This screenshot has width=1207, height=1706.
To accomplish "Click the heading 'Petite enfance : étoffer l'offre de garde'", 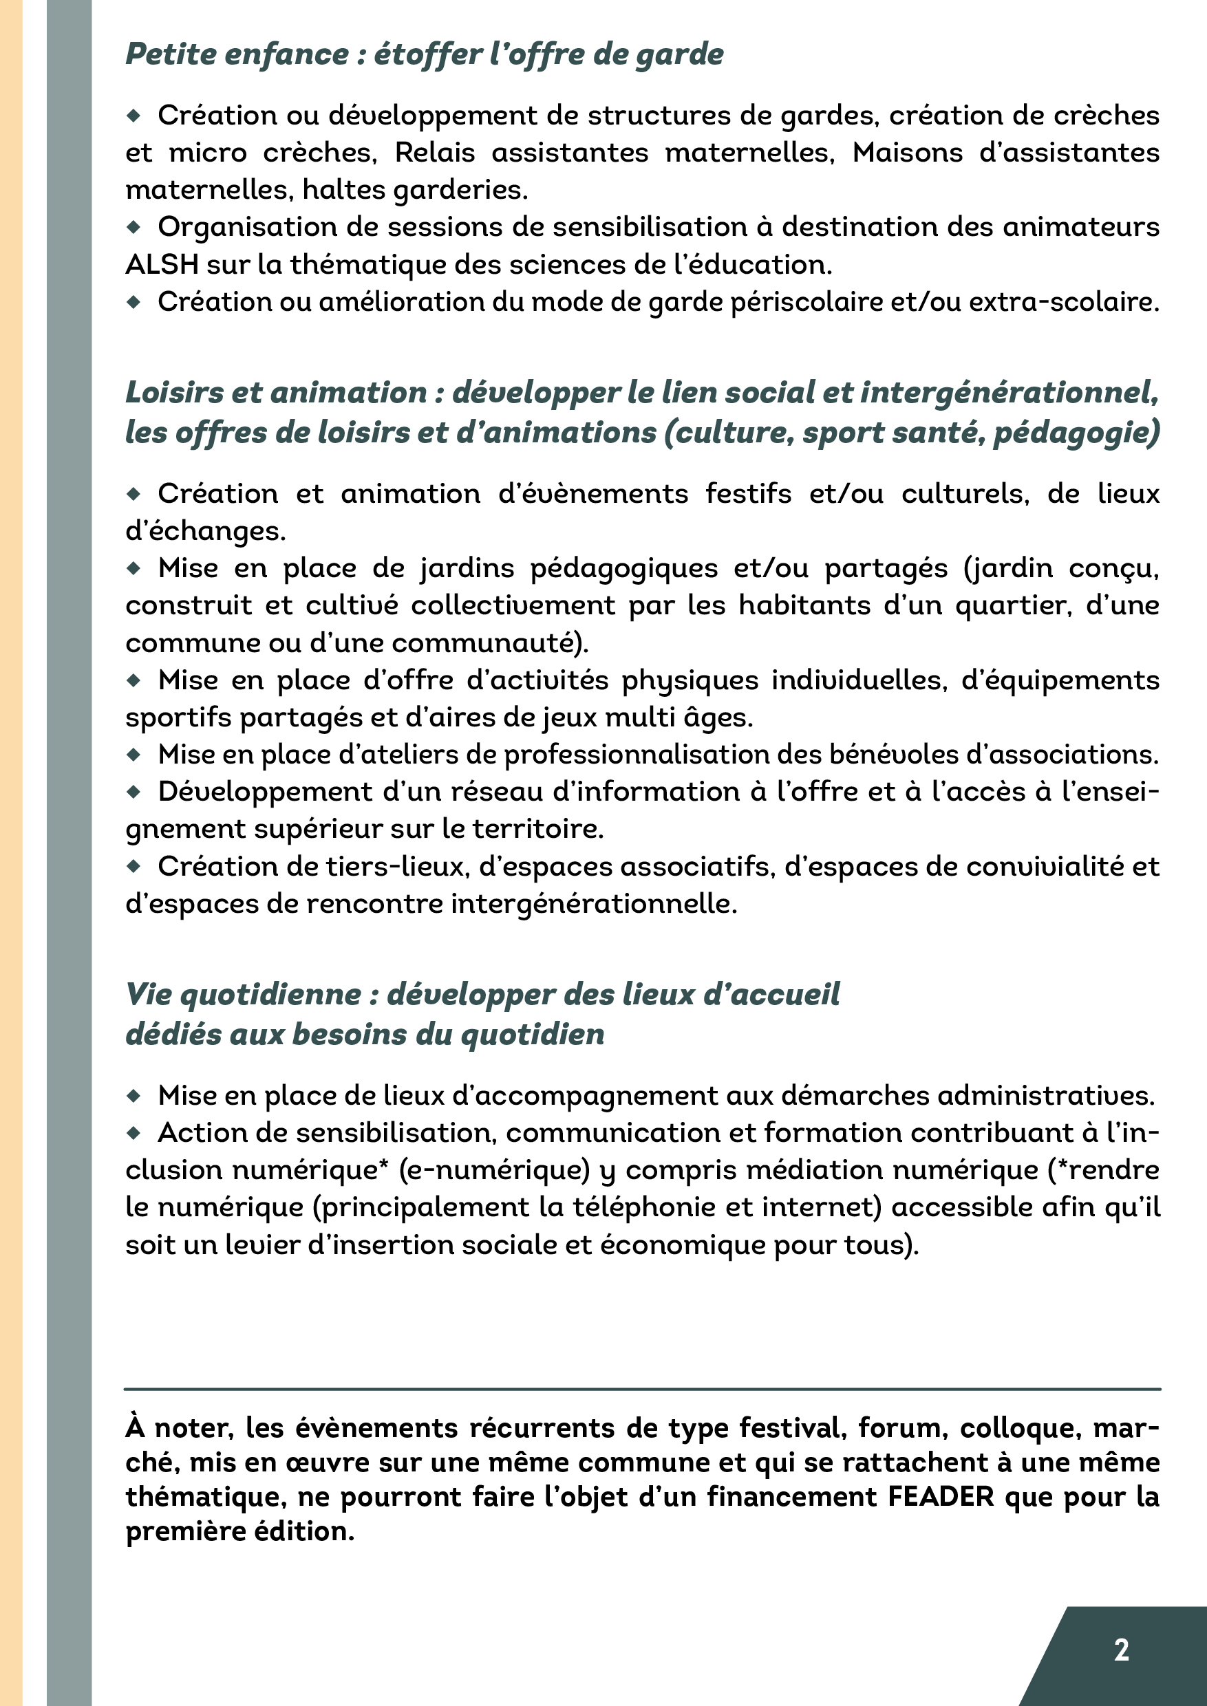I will [425, 54].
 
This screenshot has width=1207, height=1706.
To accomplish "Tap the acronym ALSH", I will [160, 265].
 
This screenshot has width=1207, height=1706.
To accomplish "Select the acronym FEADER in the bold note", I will [941, 1496].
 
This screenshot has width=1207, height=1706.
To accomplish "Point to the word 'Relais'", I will [435, 152].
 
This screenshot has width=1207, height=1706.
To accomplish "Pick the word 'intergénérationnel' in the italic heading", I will [1008, 392].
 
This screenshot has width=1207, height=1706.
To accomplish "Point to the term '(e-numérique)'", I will [494, 1170].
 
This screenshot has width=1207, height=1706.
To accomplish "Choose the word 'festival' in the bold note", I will [792, 1427].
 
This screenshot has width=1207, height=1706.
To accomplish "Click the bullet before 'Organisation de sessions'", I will [134, 226].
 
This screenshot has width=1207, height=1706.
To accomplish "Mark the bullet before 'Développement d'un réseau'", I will [134, 792].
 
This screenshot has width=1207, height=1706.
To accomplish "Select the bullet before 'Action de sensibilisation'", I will [134, 1133].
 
